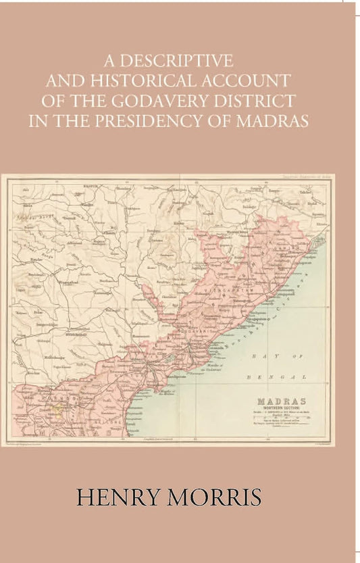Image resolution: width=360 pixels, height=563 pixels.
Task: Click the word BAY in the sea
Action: [x=259, y=356]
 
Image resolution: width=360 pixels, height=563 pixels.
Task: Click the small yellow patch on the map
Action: [x=57, y=410]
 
